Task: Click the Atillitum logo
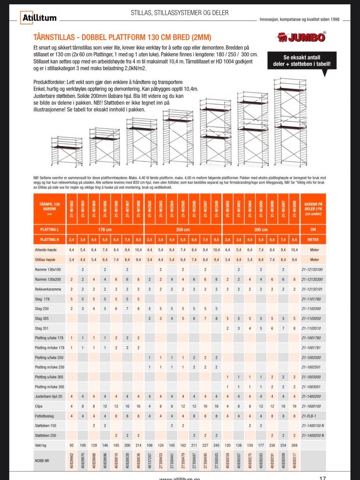(x=39, y=17)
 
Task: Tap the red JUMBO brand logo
(x=302, y=37)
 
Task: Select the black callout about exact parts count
(x=302, y=61)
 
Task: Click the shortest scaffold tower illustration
(x=67, y=151)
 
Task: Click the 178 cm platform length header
(x=105, y=230)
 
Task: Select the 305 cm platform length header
(x=261, y=230)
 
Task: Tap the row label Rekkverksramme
(x=48, y=289)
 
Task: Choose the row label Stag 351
(x=42, y=328)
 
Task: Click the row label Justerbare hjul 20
(x=49, y=397)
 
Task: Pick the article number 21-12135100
(x=312, y=270)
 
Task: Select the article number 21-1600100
(x=311, y=406)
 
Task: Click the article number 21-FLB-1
(x=309, y=416)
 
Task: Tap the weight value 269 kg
(x=294, y=445)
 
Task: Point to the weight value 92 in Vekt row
(x=71, y=445)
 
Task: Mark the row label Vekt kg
(x=40, y=445)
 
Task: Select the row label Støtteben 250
(x=45, y=436)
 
